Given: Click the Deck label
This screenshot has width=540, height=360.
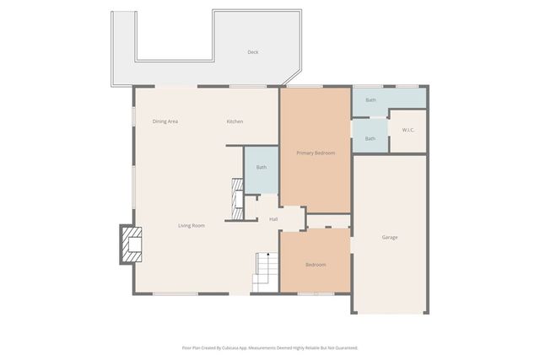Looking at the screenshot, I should click(252, 52).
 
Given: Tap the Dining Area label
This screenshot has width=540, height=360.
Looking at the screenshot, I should click(165, 121).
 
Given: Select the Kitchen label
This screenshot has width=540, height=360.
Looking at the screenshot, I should click(235, 121).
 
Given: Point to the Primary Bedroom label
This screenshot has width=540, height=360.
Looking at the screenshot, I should click(316, 153).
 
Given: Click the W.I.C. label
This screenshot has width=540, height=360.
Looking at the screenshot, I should click(408, 130).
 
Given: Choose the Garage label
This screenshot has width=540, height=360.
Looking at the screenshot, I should click(389, 237).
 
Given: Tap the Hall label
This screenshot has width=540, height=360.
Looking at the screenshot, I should click(273, 219).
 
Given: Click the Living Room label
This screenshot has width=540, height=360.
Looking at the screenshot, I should click(192, 225).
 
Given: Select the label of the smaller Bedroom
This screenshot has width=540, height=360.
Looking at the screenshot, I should click(316, 265).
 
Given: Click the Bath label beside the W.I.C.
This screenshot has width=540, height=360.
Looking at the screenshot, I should click(370, 138).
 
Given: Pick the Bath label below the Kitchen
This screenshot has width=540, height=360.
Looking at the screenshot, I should click(262, 167).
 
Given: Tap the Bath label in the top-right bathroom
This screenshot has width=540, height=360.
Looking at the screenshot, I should click(370, 100).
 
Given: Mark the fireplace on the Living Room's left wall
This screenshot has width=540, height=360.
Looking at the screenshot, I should click(130, 244).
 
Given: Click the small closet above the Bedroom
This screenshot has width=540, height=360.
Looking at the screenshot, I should click(328, 221).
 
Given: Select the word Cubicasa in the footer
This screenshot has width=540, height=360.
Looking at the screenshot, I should click(247, 347).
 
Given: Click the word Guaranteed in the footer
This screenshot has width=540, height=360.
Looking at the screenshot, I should click(343, 347).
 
